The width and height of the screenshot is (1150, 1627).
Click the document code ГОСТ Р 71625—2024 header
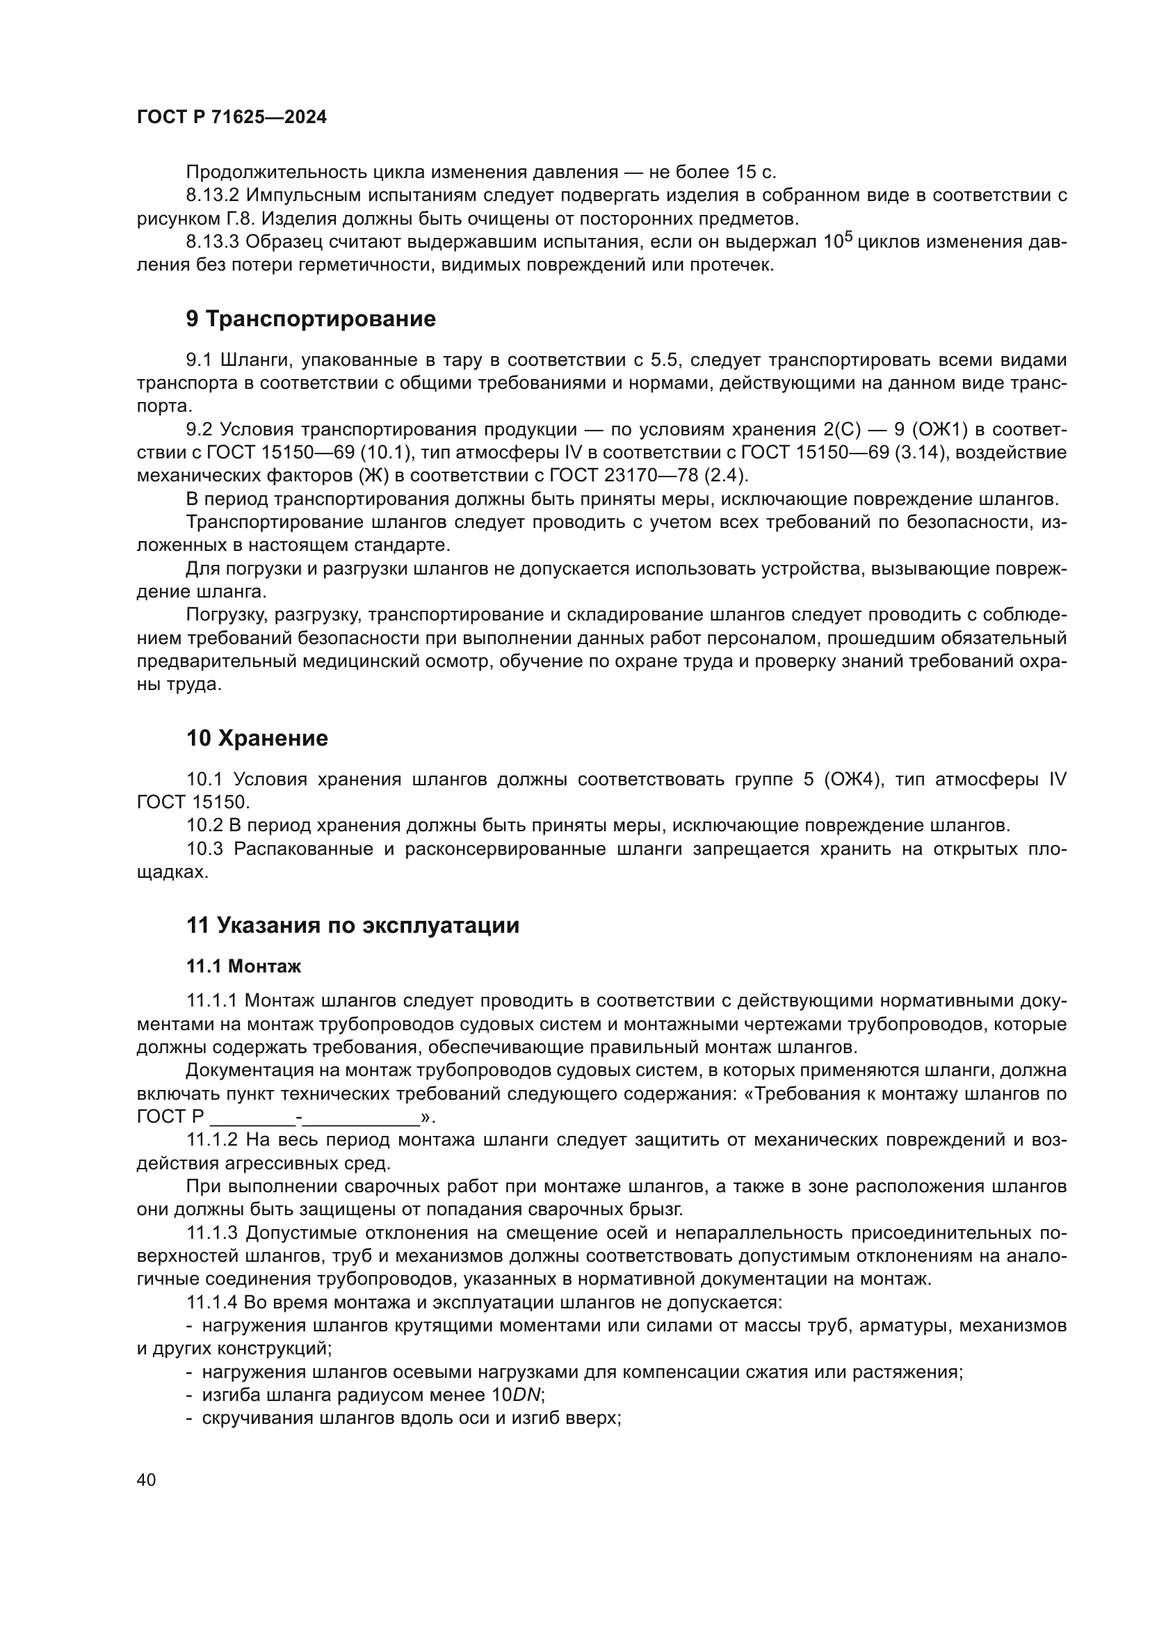click(x=232, y=118)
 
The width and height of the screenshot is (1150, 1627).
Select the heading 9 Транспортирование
click(x=311, y=319)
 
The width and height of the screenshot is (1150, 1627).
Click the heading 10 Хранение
click(x=257, y=739)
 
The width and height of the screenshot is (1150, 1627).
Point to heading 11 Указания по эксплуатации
click(x=352, y=925)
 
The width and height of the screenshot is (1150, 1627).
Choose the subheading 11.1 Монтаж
click(x=243, y=967)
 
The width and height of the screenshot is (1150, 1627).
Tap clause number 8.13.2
click(x=212, y=195)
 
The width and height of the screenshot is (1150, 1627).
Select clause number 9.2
click(x=199, y=430)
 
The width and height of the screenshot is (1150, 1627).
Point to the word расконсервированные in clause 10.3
click(x=505, y=849)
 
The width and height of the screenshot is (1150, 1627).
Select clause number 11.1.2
click(x=216, y=1139)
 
